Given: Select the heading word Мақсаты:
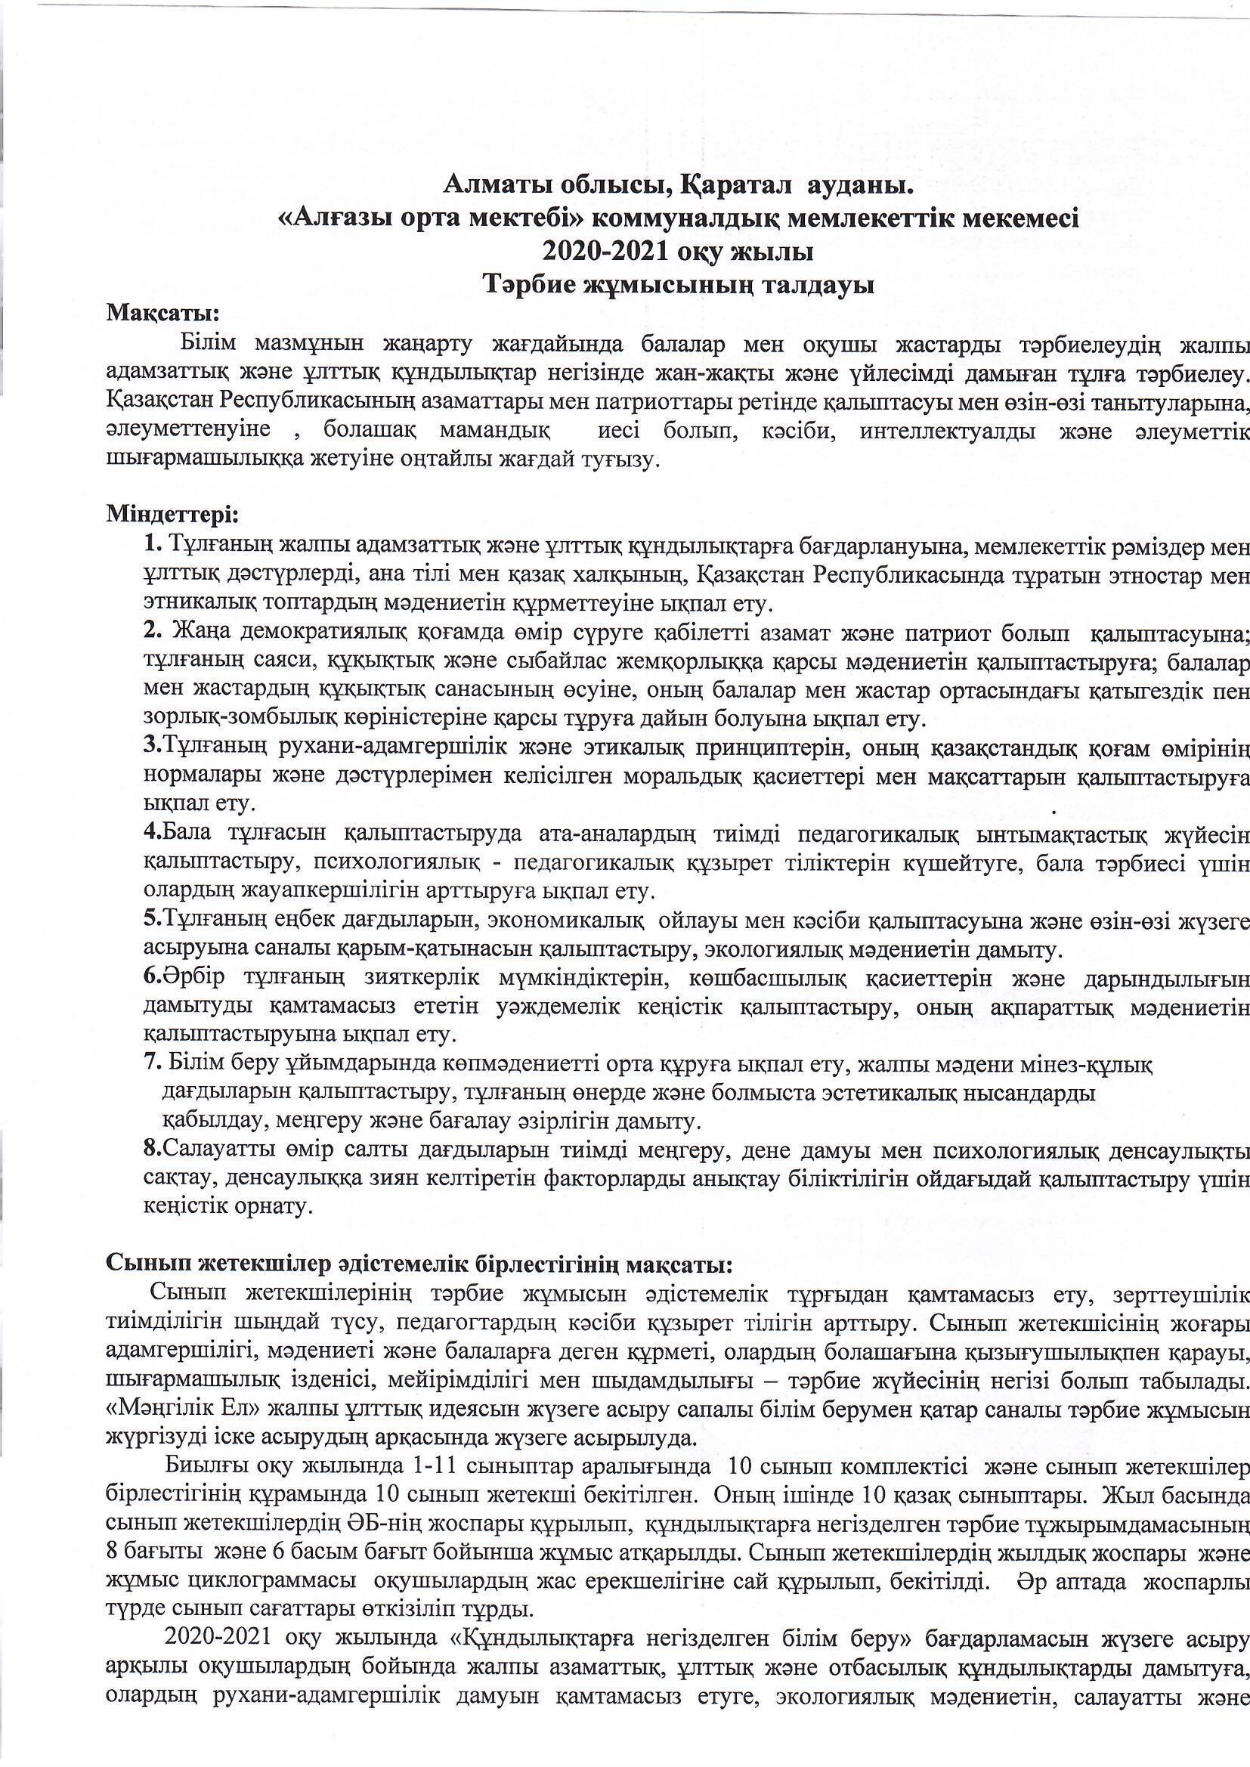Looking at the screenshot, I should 163,313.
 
